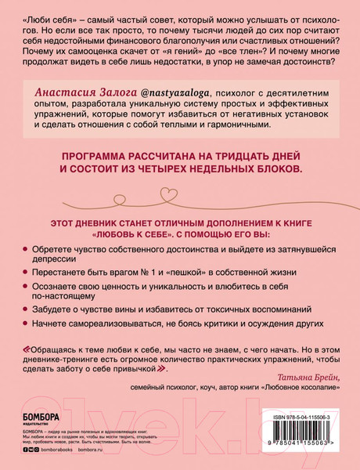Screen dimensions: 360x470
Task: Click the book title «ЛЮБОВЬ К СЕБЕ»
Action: tap(135, 233)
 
